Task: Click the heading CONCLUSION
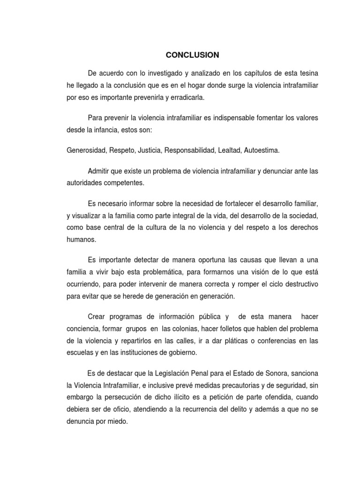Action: [x=192, y=55]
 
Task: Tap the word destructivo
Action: [x=298, y=284]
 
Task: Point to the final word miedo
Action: [x=117, y=422]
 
